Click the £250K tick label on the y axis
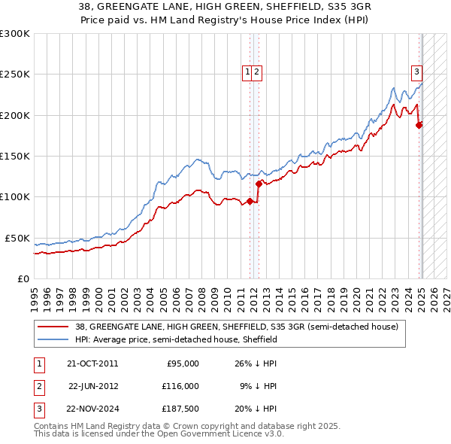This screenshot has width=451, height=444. coord(15,75)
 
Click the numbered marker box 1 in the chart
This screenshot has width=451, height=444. coord(247,72)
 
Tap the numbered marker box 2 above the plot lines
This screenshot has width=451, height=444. coord(256,72)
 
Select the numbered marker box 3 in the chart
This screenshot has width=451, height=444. coord(416,72)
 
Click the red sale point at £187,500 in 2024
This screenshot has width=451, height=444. coord(419,125)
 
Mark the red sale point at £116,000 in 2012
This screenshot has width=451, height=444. coord(259,184)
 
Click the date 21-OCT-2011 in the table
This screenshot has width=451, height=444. coord(92,363)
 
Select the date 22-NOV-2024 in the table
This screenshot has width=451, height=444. coord(92,409)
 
